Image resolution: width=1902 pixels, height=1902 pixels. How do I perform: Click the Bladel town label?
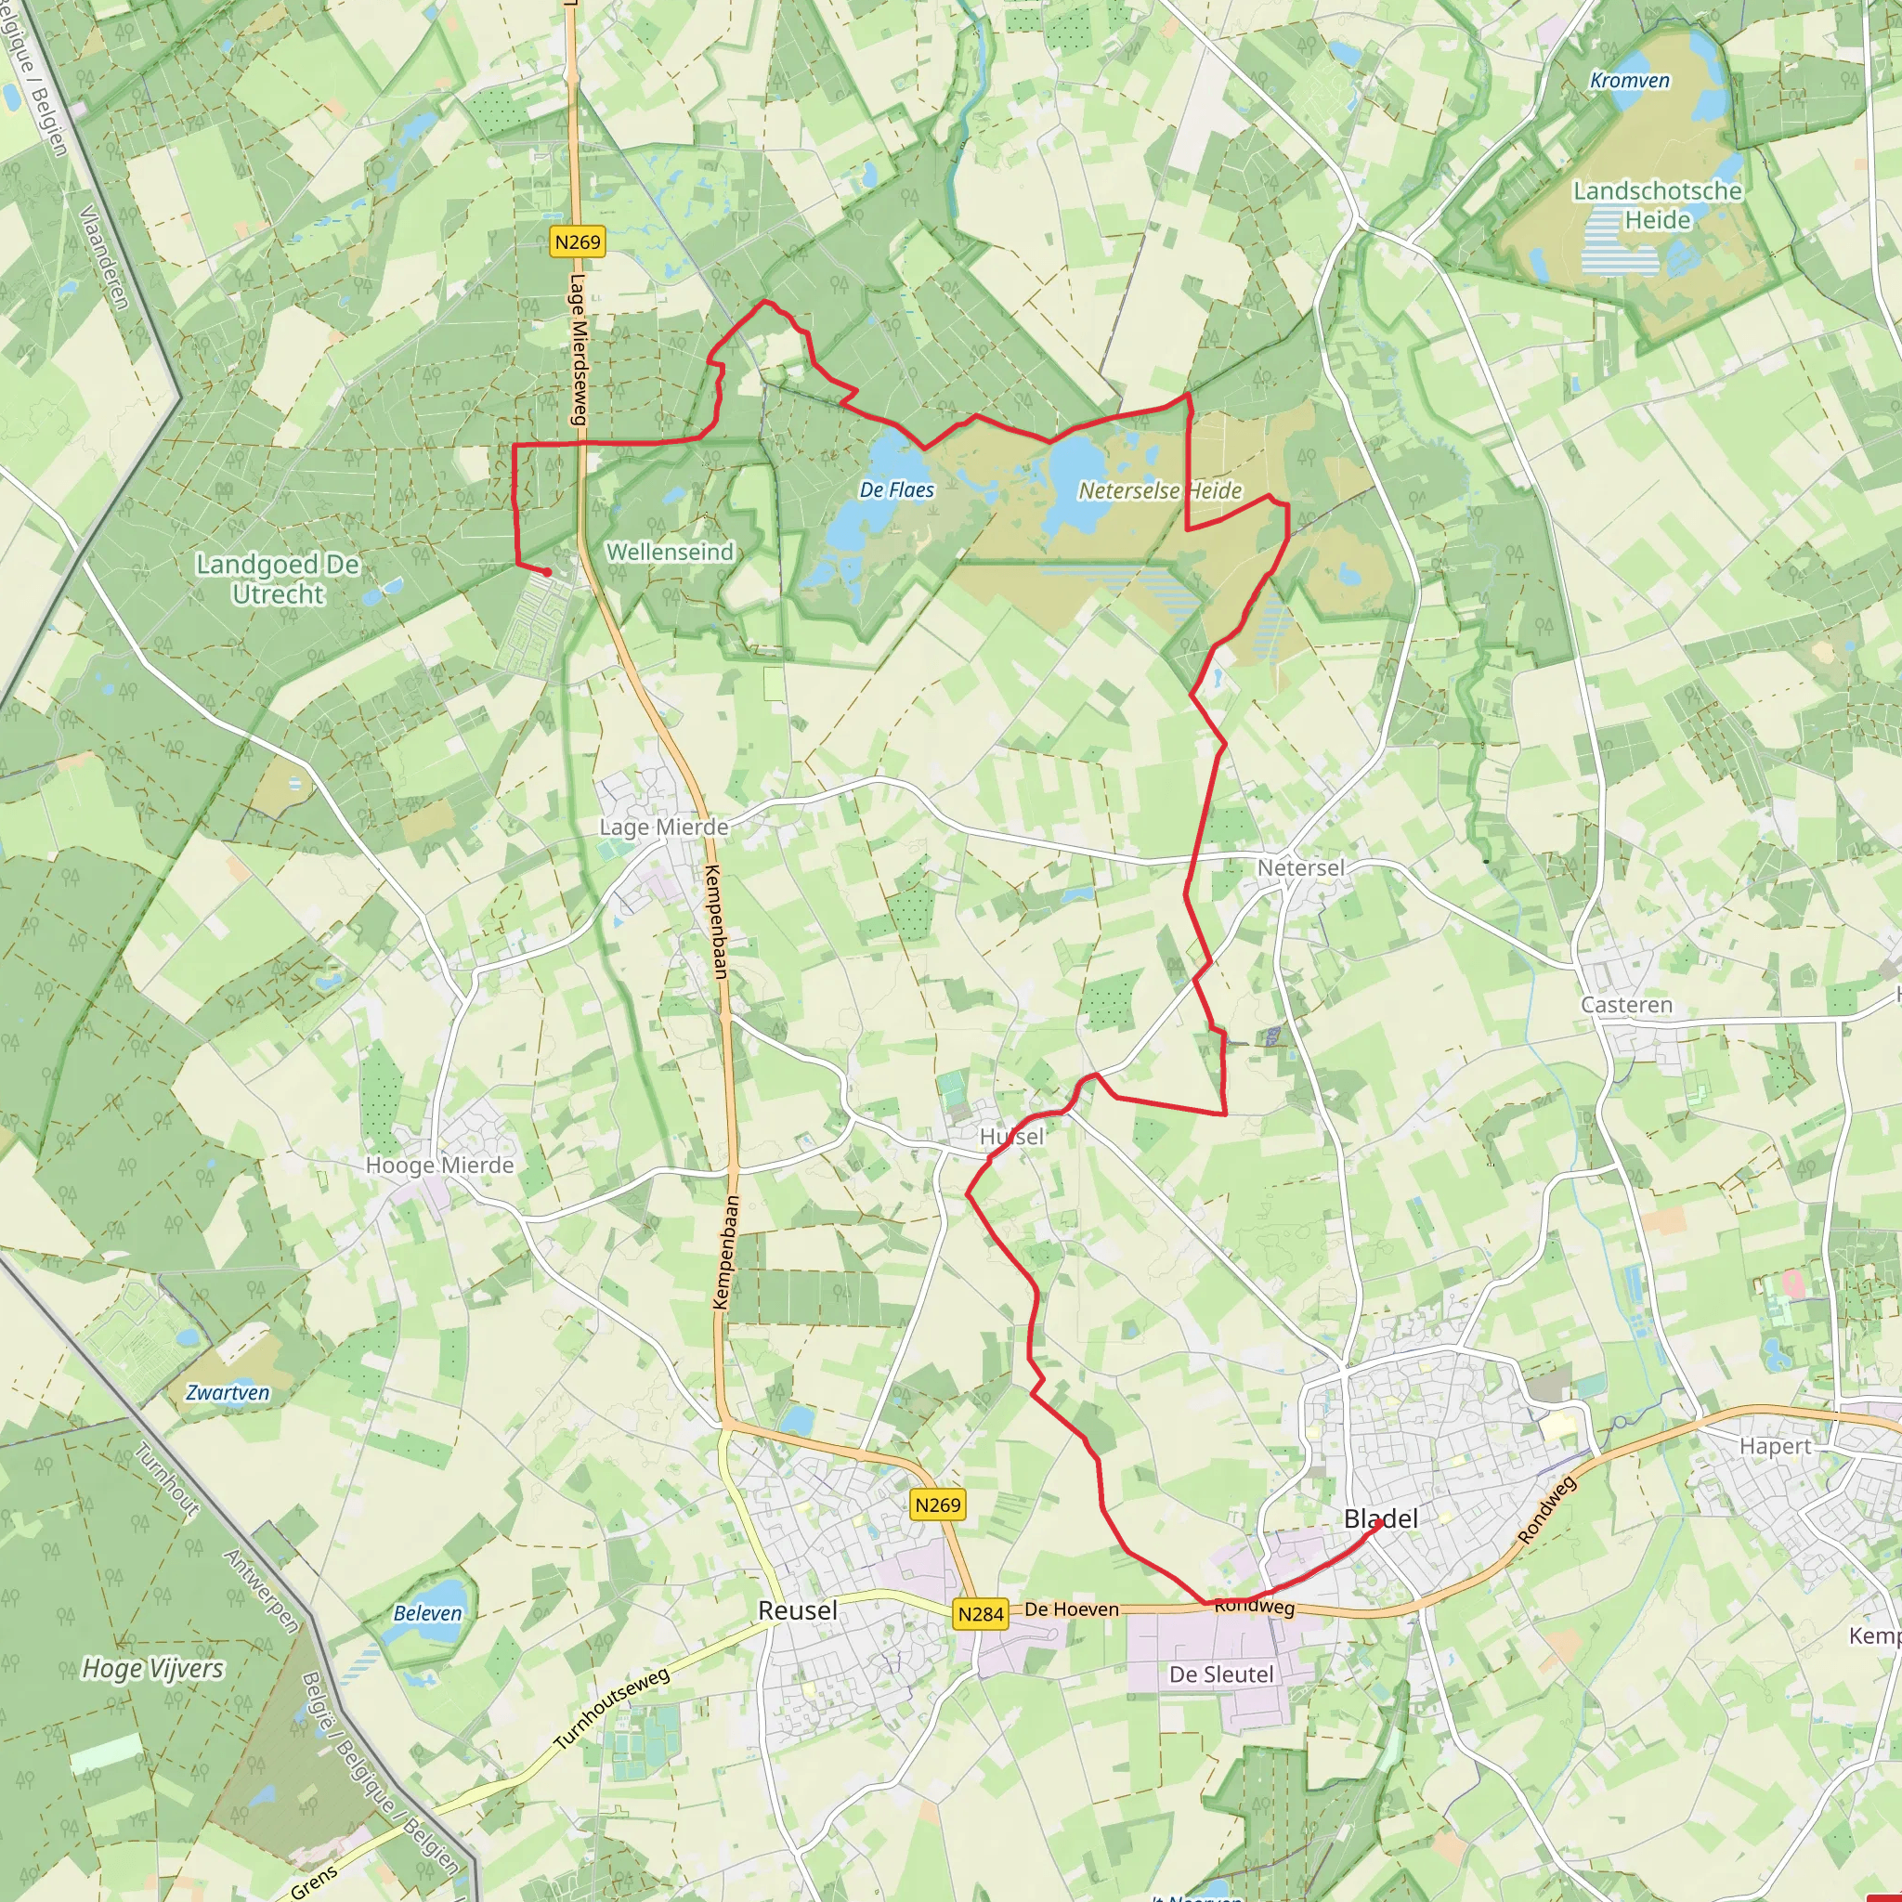1380,1519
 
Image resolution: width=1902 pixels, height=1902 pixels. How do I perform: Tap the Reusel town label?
798,1610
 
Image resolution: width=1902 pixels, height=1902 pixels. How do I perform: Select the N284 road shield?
981,1614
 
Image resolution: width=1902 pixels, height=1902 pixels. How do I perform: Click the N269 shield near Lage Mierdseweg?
577,242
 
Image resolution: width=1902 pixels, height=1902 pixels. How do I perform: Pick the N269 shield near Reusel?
937,1505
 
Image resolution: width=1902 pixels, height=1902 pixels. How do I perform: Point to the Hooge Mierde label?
439,1166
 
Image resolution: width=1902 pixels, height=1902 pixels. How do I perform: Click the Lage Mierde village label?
663,827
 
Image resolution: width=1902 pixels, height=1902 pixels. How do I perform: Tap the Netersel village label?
1300,867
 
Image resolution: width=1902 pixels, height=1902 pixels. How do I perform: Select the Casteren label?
1626,1005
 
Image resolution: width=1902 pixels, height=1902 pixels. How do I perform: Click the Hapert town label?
1775,1446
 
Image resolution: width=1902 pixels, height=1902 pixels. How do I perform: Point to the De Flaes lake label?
896,489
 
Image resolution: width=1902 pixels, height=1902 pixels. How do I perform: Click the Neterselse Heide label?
1160,490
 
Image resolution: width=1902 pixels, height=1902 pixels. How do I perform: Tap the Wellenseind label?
670,553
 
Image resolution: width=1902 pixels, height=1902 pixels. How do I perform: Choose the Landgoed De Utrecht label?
278,579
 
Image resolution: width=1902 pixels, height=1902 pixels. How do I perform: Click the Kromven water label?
1629,81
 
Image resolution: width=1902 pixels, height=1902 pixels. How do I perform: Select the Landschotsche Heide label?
1657,204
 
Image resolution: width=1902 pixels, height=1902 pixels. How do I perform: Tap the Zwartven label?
228,1392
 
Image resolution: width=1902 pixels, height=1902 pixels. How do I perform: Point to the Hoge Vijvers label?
152,1668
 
